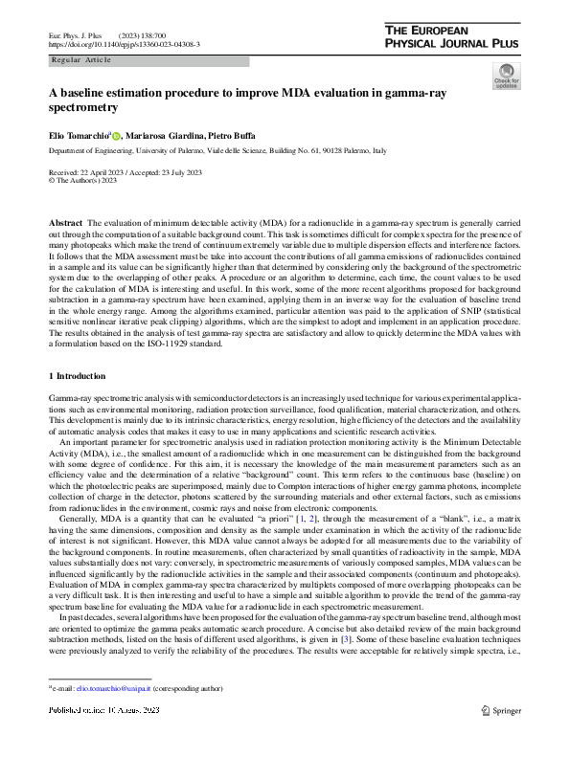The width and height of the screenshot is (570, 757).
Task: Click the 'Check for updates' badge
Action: coord(506,76)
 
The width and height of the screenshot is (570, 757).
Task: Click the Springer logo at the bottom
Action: coord(501,736)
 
